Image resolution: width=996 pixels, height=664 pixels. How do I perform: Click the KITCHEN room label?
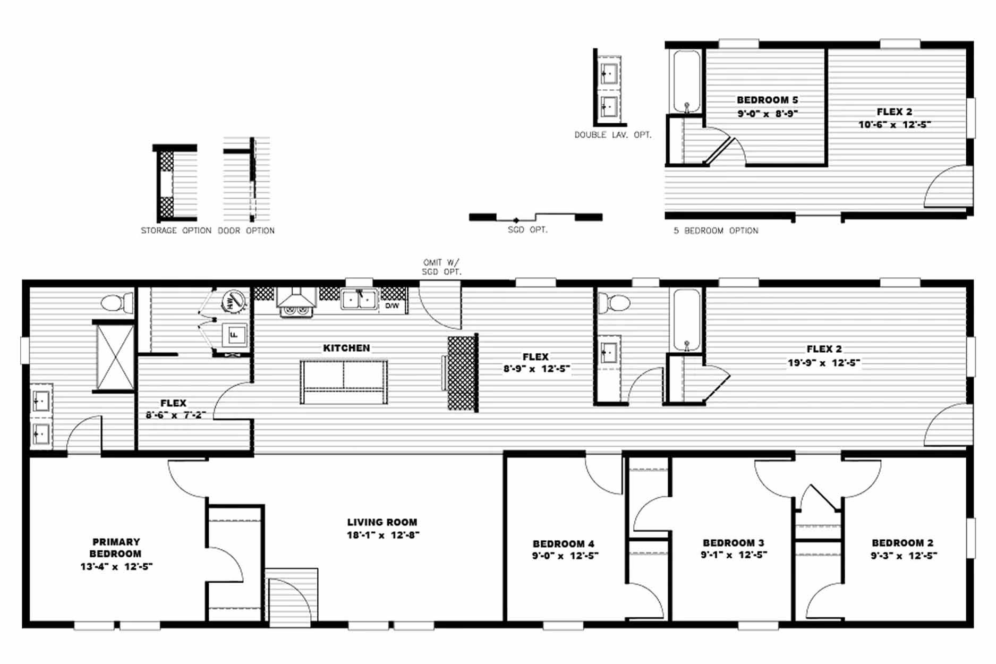click(346, 348)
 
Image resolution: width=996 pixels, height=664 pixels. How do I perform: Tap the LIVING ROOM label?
click(382, 522)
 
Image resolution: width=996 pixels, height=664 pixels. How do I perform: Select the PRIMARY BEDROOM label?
click(116, 548)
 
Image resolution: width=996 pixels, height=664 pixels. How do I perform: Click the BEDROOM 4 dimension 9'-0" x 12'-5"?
click(565, 556)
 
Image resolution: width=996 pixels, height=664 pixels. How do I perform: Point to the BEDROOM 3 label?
click(734, 543)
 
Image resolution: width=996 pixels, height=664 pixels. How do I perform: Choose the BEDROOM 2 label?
click(903, 543)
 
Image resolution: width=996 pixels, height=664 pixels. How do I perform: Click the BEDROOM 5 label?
click(768, 100)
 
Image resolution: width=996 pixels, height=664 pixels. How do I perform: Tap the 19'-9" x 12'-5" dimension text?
click(824, 363)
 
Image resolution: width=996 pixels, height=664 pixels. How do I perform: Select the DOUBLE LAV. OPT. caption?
click(613, 135)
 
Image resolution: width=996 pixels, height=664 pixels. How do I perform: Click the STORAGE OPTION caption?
click(176, 231)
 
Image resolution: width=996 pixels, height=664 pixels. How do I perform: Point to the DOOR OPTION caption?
click(246, 231)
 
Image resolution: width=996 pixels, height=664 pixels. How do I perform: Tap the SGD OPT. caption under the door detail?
click(527, 229)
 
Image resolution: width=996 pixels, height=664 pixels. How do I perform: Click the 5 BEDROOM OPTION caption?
click(716, 231)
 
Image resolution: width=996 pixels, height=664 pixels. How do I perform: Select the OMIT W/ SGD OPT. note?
click(441, 267)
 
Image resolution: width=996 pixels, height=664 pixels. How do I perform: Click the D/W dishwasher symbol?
click(393, 306)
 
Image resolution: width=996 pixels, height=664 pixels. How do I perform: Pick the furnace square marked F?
click(234, 335)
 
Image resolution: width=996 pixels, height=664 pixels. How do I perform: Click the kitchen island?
click(344, 382)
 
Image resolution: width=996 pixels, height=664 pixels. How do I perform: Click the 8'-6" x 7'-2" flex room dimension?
click(176, 415)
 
